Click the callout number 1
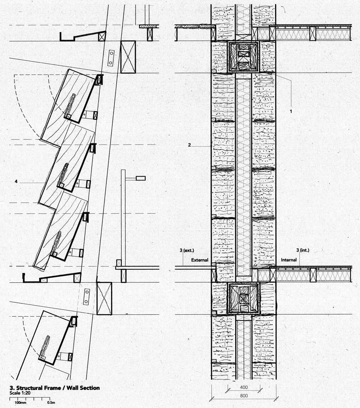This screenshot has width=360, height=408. (291, 111)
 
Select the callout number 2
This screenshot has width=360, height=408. (190, 145)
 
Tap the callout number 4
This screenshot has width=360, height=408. (16, 182)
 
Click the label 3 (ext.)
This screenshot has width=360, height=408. (187, 250)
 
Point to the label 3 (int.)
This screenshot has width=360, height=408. (303, 250)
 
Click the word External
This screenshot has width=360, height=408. (200, 260)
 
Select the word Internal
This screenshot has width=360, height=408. (289, 260)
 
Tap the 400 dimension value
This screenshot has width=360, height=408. (244, 387)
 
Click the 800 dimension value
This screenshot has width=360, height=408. (244, 396)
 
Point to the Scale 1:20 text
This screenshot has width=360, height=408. (20, 393)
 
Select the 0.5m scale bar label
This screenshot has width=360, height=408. (51, 403)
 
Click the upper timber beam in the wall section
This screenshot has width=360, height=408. (243, 57)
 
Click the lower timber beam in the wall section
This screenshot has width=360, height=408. (244, 298)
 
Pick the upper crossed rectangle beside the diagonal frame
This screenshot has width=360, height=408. (128, 57)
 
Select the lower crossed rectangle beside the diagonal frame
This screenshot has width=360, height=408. (104, 298)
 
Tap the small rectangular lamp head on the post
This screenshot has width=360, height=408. (141, 178)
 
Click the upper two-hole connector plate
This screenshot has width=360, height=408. (111, 58)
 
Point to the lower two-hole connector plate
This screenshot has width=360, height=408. (87, 297)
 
